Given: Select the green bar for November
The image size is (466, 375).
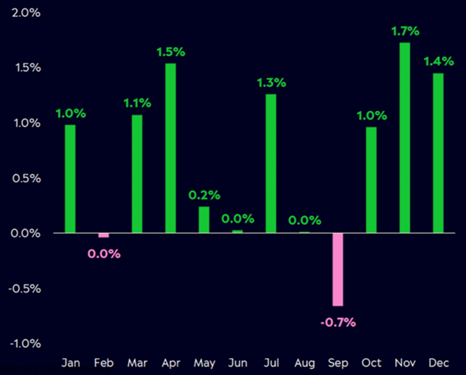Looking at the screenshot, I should click(405, 138).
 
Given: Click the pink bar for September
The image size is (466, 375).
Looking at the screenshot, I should click(338, 269).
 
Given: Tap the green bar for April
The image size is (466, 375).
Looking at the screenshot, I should click(170, 148).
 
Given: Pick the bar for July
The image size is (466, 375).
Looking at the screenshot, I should click(271, 163).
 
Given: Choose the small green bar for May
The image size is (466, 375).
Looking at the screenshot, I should click(204, 219).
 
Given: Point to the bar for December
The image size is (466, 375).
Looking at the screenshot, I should click(439, 153).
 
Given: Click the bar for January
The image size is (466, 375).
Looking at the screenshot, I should click(70, 179).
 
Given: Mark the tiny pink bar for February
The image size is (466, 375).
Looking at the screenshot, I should click(104, 235).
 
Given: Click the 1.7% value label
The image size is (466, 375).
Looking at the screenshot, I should click(405, 31).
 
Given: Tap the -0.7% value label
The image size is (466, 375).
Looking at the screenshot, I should click(338, 322).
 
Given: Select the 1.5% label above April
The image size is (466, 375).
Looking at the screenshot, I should click(170, 52).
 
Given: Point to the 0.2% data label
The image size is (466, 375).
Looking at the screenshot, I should click(204, 195).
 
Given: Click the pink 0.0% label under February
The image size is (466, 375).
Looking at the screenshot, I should click(104, 254).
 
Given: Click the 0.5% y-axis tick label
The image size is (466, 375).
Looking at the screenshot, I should click(26, 178).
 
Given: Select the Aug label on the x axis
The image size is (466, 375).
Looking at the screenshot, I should click(304, 363).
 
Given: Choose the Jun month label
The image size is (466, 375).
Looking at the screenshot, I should click(237, 363).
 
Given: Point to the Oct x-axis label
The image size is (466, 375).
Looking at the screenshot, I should click(371, 363).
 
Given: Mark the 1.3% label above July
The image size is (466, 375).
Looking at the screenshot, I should click(271, 82).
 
